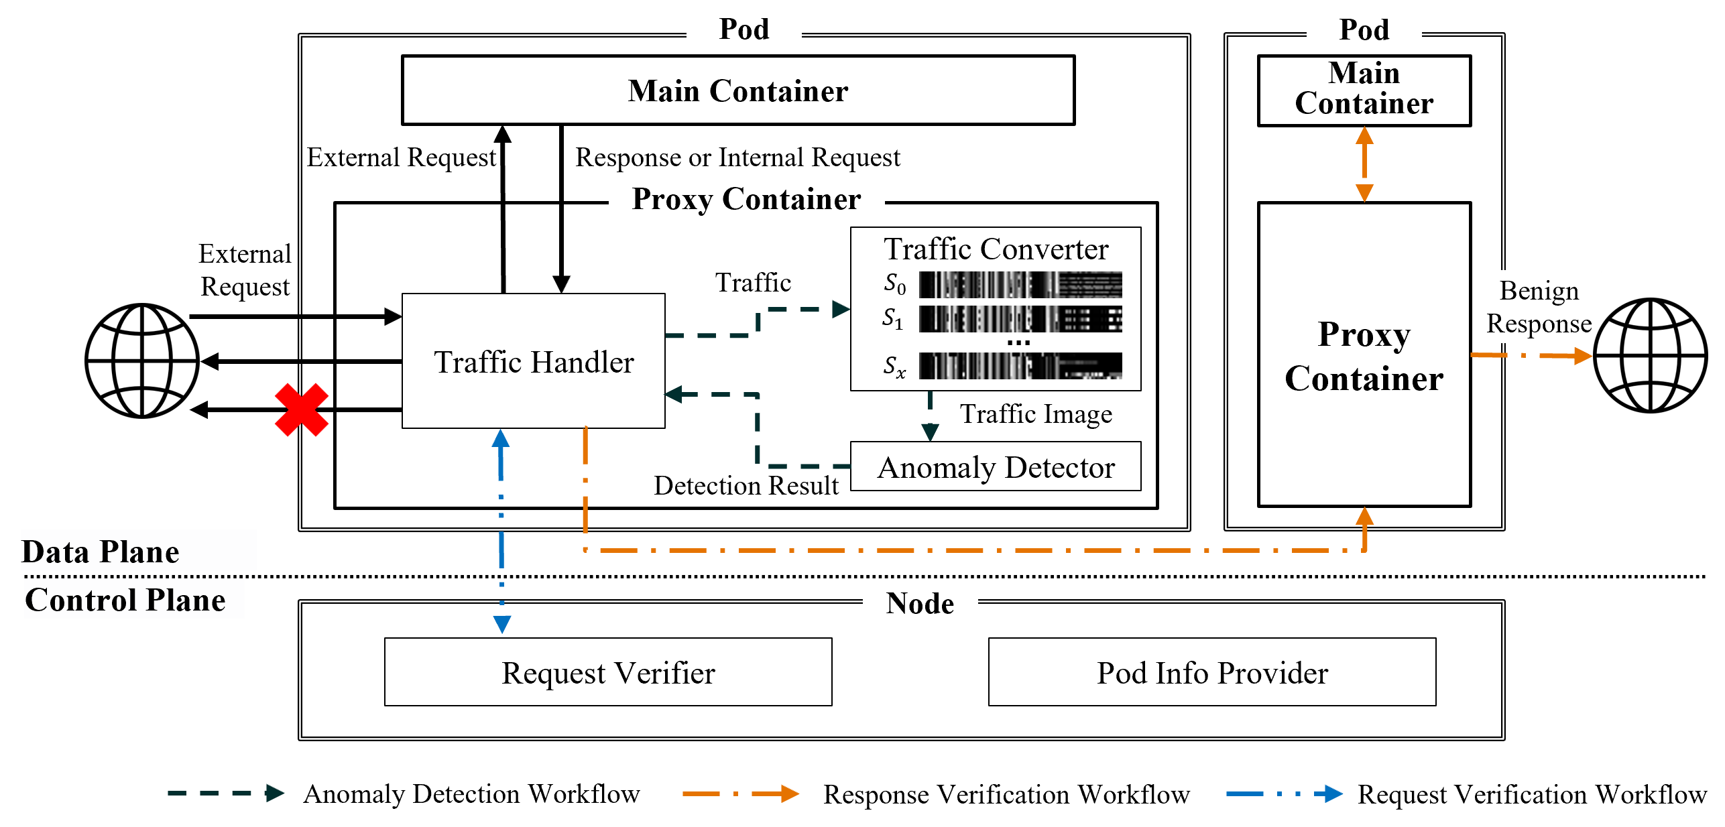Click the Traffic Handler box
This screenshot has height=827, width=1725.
point(533,361)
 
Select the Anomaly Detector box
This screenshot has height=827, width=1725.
point(996,467)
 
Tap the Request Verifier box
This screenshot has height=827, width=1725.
point(608,672)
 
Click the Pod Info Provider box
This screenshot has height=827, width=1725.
point(1212,672)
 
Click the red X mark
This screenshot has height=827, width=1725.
point(302,409)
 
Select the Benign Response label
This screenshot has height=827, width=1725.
point(1539,307)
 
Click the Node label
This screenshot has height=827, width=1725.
point(920,603)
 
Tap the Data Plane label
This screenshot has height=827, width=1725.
point(101,552)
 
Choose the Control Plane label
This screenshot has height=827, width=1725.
point(125,599)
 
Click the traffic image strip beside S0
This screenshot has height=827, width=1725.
point(1020,285)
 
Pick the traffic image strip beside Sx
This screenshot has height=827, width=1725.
point(1020,366)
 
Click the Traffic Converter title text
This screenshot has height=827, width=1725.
point(996,249)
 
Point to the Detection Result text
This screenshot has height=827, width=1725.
point(746,485)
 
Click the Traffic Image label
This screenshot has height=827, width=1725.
point(1036,413)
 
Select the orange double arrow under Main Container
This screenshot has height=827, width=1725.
point(1364,164)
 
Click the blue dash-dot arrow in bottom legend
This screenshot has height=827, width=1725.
point(1284,793)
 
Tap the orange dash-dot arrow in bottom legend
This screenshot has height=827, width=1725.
point(741,793)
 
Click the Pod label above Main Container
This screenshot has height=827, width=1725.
point(1364,29)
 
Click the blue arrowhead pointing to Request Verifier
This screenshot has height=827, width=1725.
point(502,624)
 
